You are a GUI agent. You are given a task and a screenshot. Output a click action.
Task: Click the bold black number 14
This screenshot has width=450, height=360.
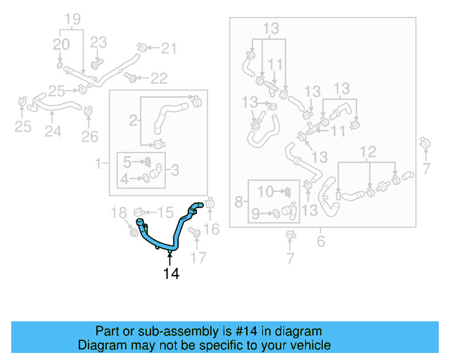[x=172, y=274]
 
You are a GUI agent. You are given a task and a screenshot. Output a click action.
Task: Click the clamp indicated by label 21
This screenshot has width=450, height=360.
[x=144, y=47]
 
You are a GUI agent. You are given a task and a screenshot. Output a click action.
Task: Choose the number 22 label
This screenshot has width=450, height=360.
[x=159, y=77]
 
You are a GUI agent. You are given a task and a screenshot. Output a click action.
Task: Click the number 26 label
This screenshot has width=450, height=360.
[x=89, y=136]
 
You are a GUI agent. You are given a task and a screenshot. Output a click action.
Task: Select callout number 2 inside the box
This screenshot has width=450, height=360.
[x=133, y=120]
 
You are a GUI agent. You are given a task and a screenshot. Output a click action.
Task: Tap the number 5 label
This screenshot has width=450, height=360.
[x=127, y=161]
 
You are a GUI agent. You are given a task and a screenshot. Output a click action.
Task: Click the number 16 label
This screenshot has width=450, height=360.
[x=212, y=228]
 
